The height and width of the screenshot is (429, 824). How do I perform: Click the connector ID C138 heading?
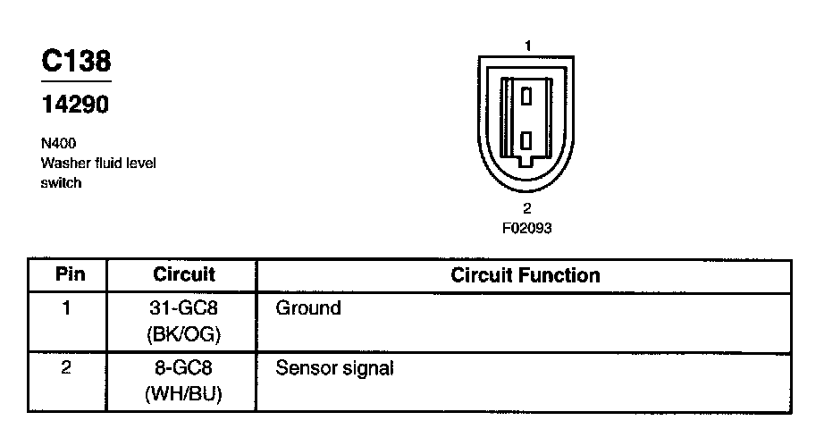pos(76,61)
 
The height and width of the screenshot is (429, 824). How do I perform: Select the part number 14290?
pos(75,105)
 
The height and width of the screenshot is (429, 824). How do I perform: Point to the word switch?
pos(61,183)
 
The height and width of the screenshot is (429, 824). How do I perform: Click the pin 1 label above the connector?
pos(527,45)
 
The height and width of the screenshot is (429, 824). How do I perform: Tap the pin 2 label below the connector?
pos(527,208)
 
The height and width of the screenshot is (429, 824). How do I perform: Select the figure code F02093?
pos(526,228)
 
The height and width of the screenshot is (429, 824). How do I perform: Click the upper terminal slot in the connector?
pos(527,94)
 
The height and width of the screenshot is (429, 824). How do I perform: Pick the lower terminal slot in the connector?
pos(527,140)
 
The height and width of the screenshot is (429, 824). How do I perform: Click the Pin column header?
pos(70,274)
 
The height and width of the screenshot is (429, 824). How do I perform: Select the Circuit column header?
pos(184,274)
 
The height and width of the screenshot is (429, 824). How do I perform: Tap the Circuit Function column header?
pos(525,274)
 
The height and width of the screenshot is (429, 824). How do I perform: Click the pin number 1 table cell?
pos(66,308)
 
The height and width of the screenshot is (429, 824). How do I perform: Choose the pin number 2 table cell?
pos(66,367)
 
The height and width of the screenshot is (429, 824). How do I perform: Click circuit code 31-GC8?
pos(184,309)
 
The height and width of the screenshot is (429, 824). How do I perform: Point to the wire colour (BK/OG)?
pos(184,334)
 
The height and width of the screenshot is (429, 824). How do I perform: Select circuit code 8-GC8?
pos(184,368)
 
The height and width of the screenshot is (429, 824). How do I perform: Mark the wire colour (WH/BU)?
pos(184,393)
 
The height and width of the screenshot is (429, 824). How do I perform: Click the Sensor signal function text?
pos(334,367)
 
